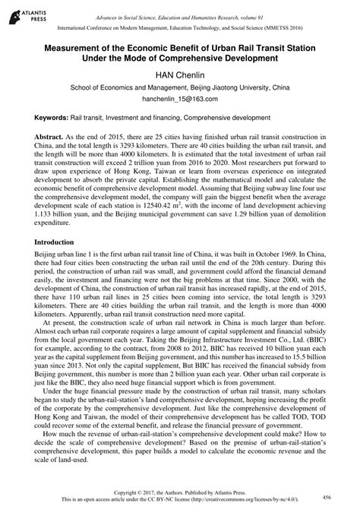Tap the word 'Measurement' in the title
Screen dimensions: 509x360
pos(74,47)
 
